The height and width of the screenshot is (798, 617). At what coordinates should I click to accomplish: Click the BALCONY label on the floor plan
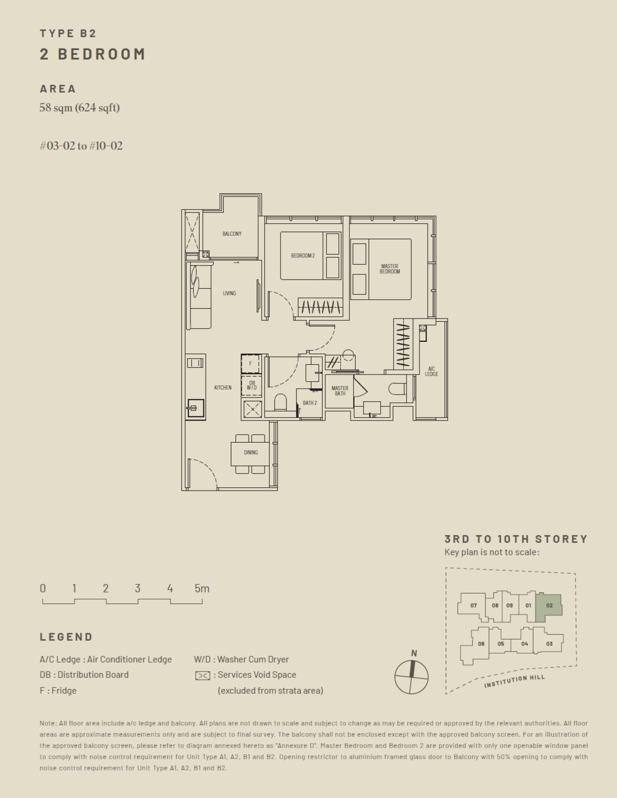tap(232, 234)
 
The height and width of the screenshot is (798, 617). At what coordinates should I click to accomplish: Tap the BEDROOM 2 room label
tap(303, 256)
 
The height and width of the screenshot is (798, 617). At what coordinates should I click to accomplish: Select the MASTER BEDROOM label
tap(389, 269)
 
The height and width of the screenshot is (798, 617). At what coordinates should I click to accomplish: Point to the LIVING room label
tap(229, 293)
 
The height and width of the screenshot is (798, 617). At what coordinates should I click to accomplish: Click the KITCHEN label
tap(223, 388)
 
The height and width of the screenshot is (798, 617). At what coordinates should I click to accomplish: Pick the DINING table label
tap(251, 453)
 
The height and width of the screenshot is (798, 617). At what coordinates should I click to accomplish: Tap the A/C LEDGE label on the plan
tap(431, 371)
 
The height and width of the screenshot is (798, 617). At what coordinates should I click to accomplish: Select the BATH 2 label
tap(309, 403)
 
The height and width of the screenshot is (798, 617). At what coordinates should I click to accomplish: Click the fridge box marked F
tap(250, 363)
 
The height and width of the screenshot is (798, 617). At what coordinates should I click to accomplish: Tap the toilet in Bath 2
tap(281, 402)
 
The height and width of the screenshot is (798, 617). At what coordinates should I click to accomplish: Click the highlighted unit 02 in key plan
tap(549, 605)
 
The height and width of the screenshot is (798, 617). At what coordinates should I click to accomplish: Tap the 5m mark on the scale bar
tap(202, 589)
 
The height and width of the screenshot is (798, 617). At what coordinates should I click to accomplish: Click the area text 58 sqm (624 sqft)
tap(80, 108)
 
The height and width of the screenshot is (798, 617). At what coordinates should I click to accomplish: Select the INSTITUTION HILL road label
tap(514, 682)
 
